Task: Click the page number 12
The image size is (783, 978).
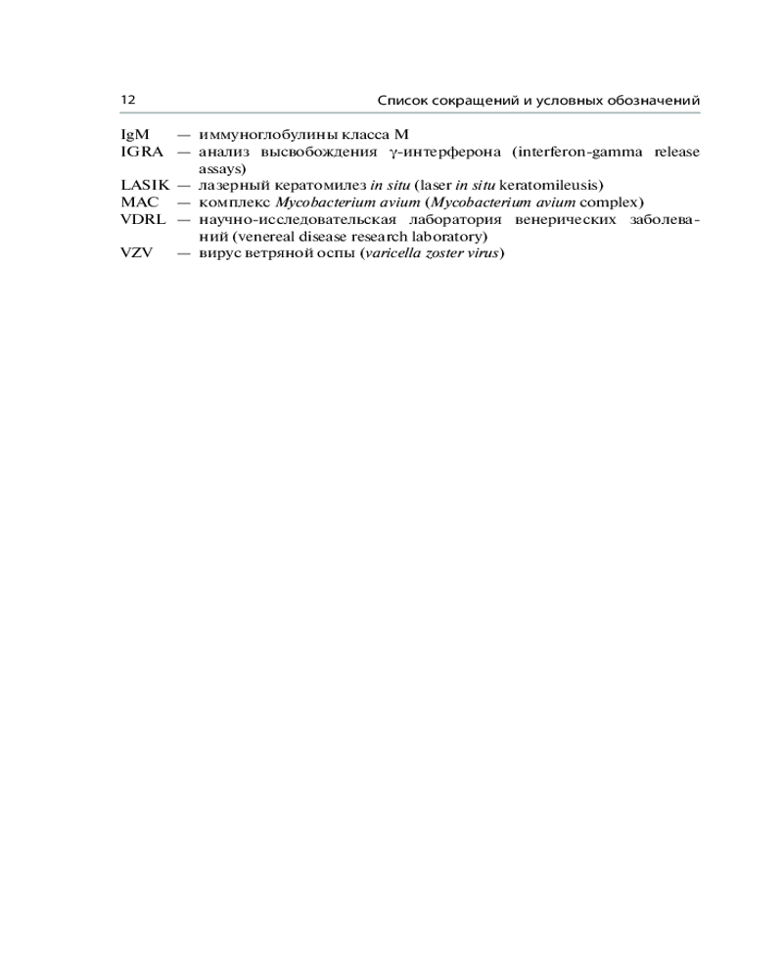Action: pyautogui.click(x=127, y=101)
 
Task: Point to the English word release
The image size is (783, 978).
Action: pyautogui.click(x=675, y=152)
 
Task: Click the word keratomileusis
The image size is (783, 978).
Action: pyautogui.click(x=550, y=185)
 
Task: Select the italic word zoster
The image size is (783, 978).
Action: pyautogui.click(x=437, y=253)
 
